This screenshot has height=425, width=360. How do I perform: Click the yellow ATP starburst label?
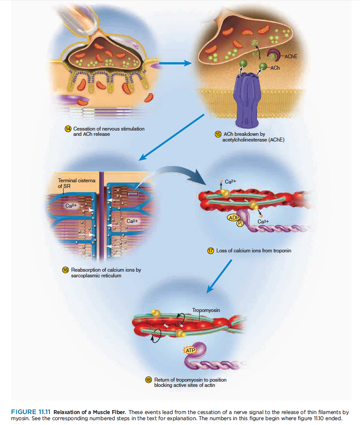coord(189,351)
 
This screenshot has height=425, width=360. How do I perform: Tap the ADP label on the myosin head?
coord(233,218)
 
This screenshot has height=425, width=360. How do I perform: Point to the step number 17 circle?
coord(210,251)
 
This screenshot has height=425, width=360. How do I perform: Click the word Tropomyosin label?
coord(206,310)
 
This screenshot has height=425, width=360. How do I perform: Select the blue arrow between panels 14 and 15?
coord(175,64)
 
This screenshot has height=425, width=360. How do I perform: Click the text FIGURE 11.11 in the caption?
coord(30,412)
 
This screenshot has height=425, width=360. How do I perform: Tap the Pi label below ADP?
coord(240,224)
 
